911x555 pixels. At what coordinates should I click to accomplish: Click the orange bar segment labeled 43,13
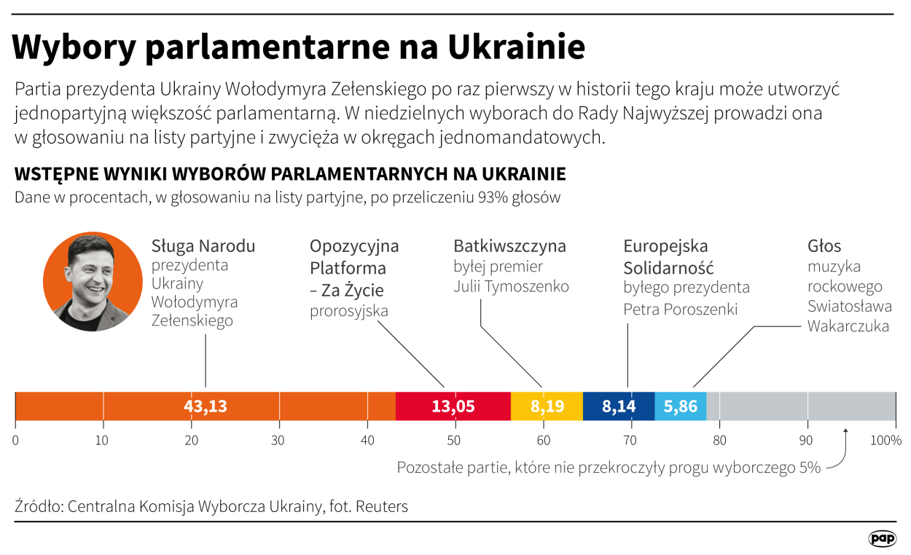click(206, 406)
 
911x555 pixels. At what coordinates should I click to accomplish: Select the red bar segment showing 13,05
click(453, 406)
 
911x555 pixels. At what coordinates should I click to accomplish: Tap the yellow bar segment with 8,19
click(547, 406)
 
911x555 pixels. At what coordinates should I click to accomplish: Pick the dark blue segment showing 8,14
click(619, 406)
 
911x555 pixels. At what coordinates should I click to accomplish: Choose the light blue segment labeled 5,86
click(680, 406)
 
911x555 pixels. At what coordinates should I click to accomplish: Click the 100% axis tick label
click(885, 440)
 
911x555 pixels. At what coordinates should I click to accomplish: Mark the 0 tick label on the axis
click(15, 440)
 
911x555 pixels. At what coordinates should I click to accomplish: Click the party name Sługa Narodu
click(203, 245)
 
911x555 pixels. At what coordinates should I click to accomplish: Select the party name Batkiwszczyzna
click(509, 245)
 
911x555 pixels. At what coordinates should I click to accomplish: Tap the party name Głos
click(824, 245)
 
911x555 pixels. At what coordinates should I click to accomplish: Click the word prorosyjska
click(349, 311)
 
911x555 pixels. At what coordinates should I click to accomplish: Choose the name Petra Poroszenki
click(680, 309)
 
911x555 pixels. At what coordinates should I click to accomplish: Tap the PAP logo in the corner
click(883, 538)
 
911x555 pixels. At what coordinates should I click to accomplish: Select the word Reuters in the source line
click(381, 506)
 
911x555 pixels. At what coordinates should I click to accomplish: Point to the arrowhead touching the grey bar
click(845, 430)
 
